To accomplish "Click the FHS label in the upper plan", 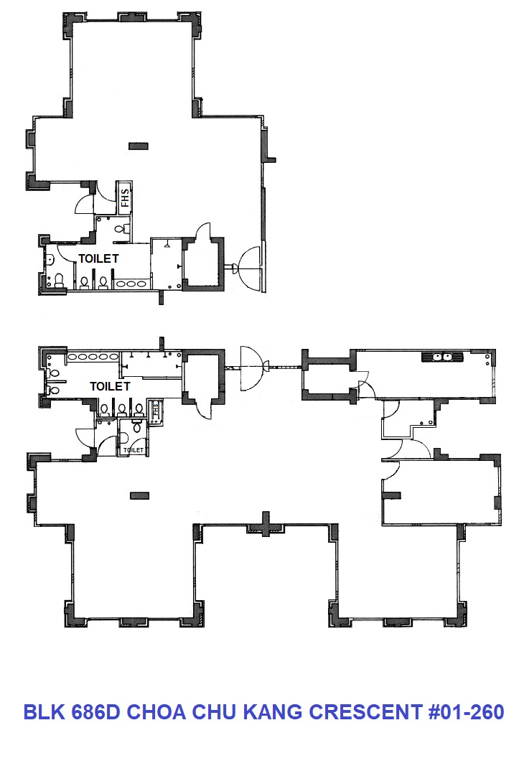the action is pyautogui.click(x=125, y=197).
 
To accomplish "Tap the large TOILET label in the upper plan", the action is pyautogui.click(x=98, y=258).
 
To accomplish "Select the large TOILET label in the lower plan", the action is pyautogui.click(x=110, y=386).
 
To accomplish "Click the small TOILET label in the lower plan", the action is pyautogui.click(x=134, y=450).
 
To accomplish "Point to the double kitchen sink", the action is pyautogui.click(x=442, y=357).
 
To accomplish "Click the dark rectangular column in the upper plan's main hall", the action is pyautogui.click(x=138, y=146).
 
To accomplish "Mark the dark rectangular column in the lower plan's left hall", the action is pyautogui.click(x=139, y=495).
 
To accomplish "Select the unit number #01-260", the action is pyautogui.click(x=466, y=712).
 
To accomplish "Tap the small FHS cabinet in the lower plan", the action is pyautogui.click(x=155, y=411).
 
